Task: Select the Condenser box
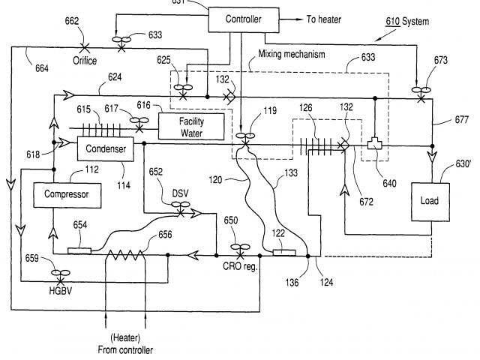point(105,149)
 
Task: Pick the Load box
point(430,202)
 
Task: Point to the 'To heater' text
point(326,19)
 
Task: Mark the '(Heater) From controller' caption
point(124,344)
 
